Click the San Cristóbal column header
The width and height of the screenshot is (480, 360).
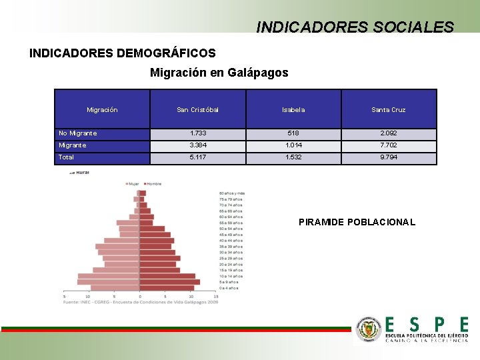pyautogui.click(x=197, y=109)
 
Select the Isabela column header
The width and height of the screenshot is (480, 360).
pyautogui.click(x=293, y=109)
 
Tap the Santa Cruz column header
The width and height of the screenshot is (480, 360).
pyautogui.click(x=389, y=109)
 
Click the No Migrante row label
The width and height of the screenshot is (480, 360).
pyautogui.click(x=78, y=133)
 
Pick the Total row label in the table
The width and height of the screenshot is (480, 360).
pyautogui.click(x=67, y=157)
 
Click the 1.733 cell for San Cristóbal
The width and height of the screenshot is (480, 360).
pyautogui.click(x=197, y=133)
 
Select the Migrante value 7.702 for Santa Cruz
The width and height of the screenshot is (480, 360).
pyautogui.click(x=389, y=145)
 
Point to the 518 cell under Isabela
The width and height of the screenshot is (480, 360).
pyautogui.click(x=293, y=133)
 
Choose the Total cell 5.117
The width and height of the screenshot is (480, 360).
pyautogui.click(x=197, y=157)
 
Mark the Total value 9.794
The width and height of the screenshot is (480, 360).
pyautogui.click(x=389, y=157)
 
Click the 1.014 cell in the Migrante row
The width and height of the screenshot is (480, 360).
pyautogui.click(x=293, y=145)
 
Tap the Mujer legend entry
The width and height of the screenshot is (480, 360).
pyautogui.click(x=133, y=183)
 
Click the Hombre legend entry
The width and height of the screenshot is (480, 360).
pyautogui.click(x=153, y=183)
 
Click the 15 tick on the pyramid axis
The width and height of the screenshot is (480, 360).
pyautogui.click(x=216, y=297)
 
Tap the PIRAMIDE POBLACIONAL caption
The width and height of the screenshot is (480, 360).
pyautogui.click(x=357, y=222)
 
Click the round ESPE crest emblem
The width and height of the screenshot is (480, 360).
pyautogui.click(x=368, y=330)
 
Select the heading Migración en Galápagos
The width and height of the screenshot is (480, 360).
pyautogui.click(x=219, y=73)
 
